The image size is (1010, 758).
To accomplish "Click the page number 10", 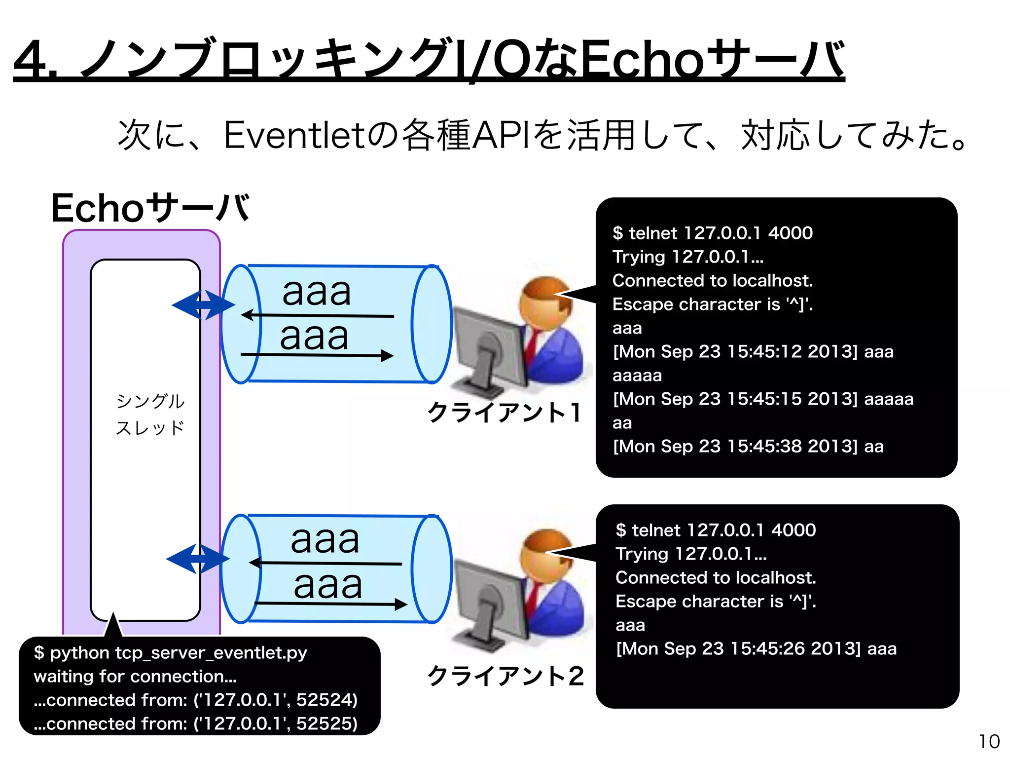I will click(989, 741).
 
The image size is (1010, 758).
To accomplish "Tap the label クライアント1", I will click(504, 413).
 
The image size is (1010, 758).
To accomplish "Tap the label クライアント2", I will click(505, 676).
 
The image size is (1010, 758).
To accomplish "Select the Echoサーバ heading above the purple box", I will click(150, 208).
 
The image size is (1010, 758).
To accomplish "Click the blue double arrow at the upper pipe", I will click(203, 305).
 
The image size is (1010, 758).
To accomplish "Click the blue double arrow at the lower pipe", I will click(198, 559).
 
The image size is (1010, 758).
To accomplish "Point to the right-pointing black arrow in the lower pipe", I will click(330, 604).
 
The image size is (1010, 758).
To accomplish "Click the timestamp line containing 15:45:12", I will click(753, 352).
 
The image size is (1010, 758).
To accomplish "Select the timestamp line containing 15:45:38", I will click(748, 447).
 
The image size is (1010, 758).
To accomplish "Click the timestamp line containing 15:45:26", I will click(756, 649).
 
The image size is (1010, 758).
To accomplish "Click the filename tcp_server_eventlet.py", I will click(211, 653).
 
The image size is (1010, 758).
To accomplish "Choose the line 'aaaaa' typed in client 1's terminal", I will click(637, 376).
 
